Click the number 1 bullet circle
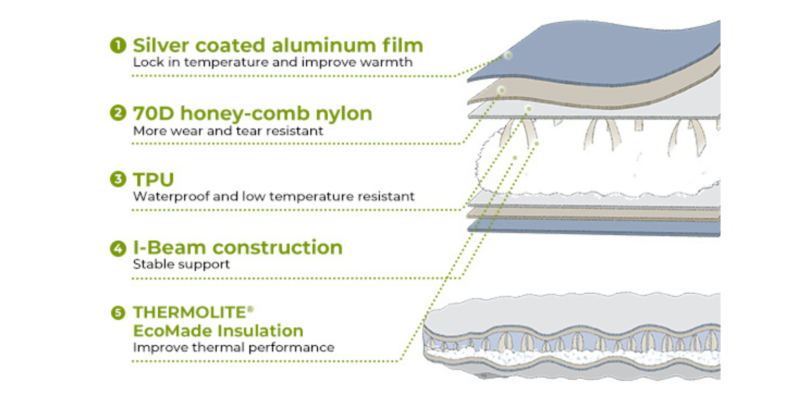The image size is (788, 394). (118, 45)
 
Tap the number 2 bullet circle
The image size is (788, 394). (118, 113)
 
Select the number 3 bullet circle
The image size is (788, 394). (118, 179)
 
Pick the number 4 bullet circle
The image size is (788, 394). (118, 248)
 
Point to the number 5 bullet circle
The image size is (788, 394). (118, 313)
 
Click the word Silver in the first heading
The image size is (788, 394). (161, 45)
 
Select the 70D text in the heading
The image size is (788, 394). (153, 113)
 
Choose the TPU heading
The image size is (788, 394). (153, 179)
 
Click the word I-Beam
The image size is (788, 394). (169, 247)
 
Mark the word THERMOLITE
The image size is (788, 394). (189, 312)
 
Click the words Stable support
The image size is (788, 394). (181, 264)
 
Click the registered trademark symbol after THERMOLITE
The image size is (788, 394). (250, 309)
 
